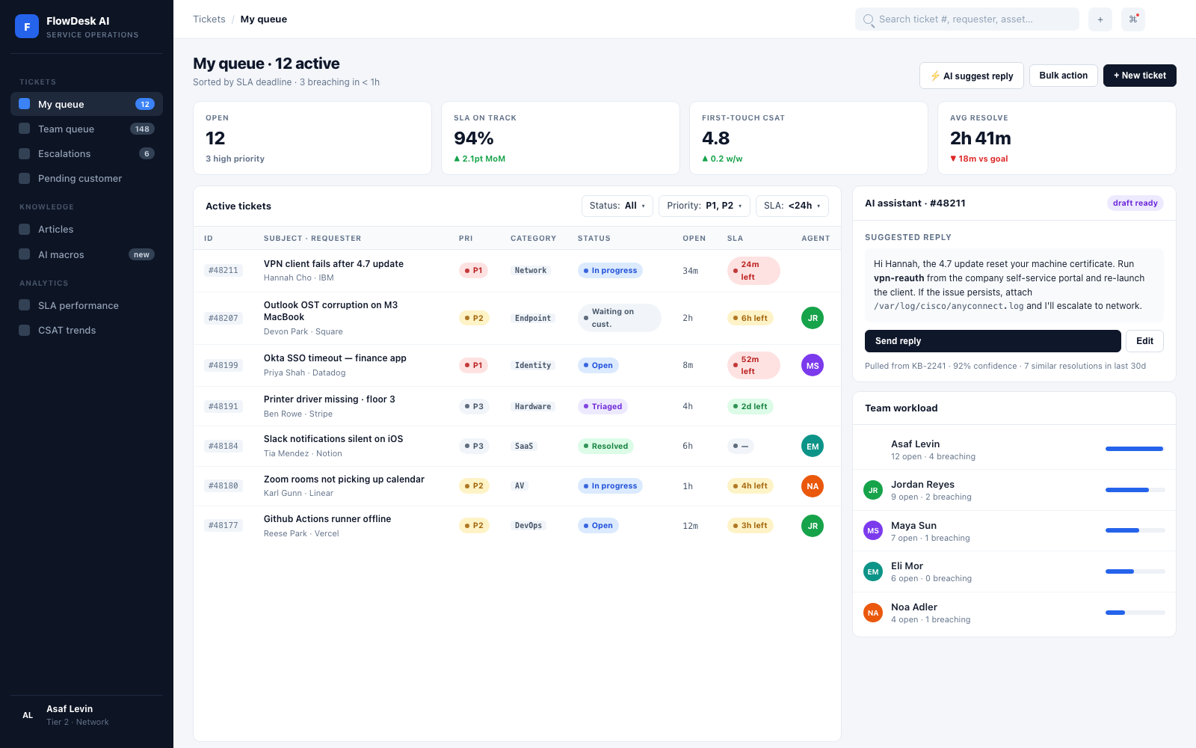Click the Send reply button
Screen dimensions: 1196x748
click(x=992, y=341)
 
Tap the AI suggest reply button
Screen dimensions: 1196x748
click(x=971, y=76)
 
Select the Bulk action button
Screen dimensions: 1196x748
click(x=1063, y=76)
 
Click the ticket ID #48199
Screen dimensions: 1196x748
click(x=224, y=366)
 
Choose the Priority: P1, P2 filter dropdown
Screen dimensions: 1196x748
click(x=704, y=206)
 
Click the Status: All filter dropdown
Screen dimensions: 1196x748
click(x=617, y=206)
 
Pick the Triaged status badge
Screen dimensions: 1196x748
click(x=602, y=406)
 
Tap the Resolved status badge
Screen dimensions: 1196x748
click(x=605, y=446)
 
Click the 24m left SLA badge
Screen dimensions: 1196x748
click(x=753, y=270)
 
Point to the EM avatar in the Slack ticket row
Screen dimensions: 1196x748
click(x=812, y=446)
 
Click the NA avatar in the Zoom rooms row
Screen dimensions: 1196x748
click(x=812, y=485)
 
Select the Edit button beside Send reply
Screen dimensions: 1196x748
click(x=1144, y=341)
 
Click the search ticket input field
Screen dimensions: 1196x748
click(x=967, y=19)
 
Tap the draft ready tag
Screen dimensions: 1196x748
click(x=1135, y=203)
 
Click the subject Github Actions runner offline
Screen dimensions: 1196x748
click(x=327, y=519)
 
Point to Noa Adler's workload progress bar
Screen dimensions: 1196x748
click(x=1135, y=613)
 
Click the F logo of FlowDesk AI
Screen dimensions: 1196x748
click(x=27, y=26)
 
